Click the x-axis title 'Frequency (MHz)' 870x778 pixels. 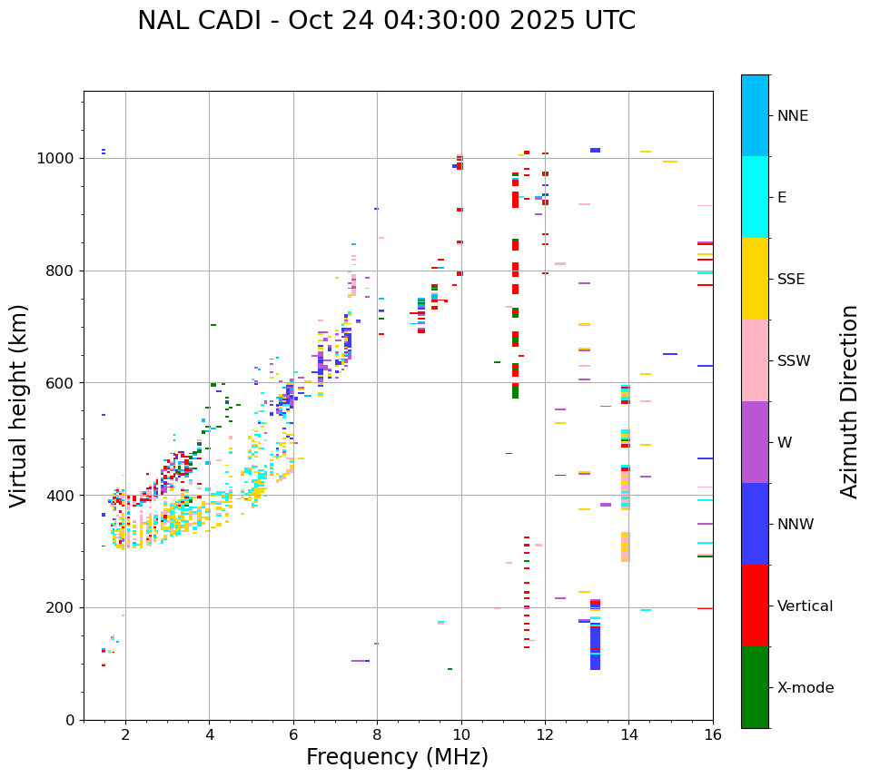[x=397, y=757]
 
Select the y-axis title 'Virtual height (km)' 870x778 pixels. [x=19, y=406]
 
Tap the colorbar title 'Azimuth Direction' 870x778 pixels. [x=849, y=401]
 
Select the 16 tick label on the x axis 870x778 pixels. [x=712, y=735]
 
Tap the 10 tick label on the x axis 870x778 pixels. [x=460, y=735]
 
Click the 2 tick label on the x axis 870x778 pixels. [x=125, y=735]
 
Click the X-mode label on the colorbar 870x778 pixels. [x=805, y=688]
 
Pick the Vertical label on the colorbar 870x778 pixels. [x=805, y=606]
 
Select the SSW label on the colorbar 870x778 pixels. [x=794, y=361]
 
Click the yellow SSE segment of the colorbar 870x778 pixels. [x=755, y=279]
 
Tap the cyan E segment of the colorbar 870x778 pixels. [x=755, y=197]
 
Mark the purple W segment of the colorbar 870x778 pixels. [x=755, y=442]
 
